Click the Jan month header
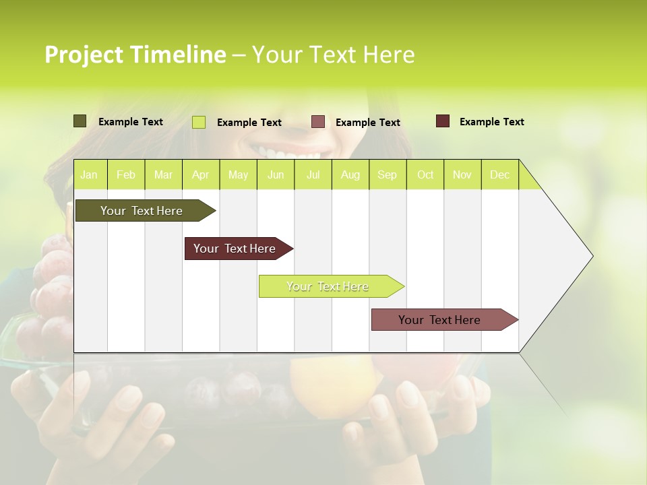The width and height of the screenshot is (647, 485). pos(89,175)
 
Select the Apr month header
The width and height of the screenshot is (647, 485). pos(200,175)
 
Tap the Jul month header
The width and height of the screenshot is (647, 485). pos(313,175)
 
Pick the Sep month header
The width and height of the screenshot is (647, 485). pos(387,175)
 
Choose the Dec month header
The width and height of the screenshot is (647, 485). pos(499,175)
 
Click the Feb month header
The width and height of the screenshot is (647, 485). pos(126,175)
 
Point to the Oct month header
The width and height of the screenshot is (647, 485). pos(425,175)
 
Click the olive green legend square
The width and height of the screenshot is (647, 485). pos(80,121)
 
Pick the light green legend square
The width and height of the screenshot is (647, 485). pos(199,122)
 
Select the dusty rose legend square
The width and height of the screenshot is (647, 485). pos(318,122)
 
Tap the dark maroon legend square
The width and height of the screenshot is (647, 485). pos(442,121)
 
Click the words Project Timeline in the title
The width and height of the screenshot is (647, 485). pos(135,55)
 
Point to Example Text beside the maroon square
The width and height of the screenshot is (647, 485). pos(491,122)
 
